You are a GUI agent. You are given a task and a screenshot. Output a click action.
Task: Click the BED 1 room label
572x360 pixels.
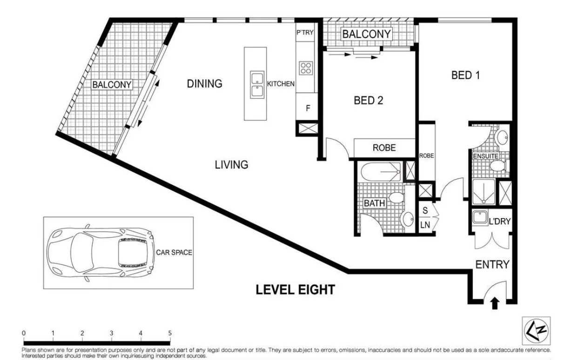coord(465,75)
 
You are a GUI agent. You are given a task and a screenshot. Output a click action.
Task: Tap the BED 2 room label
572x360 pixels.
coord(368,100)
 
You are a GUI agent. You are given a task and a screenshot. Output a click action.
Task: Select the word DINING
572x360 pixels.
coord(204,84)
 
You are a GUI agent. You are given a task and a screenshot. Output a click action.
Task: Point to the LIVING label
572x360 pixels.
coord(231,165)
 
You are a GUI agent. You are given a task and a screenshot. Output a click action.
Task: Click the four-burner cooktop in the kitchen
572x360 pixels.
coord(306,68)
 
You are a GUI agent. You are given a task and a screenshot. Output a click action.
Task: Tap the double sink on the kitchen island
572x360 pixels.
coord(257,85)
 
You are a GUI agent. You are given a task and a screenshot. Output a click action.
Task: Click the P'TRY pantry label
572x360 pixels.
coord(305,33)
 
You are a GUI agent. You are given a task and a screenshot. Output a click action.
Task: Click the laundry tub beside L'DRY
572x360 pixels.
coord(479,218)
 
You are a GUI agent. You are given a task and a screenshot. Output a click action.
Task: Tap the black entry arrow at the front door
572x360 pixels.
coord(495,303)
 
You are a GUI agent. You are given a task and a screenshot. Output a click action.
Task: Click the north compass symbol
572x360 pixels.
coord(536,331)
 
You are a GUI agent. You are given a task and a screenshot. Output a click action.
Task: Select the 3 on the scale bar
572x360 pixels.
coord(111,333)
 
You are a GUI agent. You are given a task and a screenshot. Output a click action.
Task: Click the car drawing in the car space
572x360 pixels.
coord(101,253)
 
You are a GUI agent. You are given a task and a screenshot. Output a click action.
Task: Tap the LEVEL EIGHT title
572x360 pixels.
coord(295,290)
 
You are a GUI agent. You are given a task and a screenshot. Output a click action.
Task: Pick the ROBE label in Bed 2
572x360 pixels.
coord(384,148)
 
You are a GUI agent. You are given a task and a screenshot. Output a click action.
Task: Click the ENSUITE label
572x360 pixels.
coord(485,156)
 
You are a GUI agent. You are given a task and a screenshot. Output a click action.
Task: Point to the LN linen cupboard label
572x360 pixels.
coord(425,225)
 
